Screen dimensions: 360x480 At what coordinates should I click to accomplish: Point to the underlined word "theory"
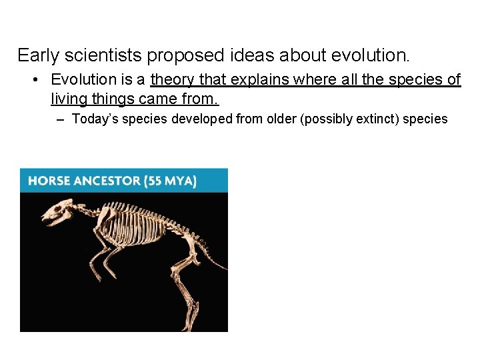tap(173, 80)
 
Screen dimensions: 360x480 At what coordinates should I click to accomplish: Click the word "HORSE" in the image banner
tap(50, 181)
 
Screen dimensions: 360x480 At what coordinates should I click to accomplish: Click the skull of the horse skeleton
tap(58, 213)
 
